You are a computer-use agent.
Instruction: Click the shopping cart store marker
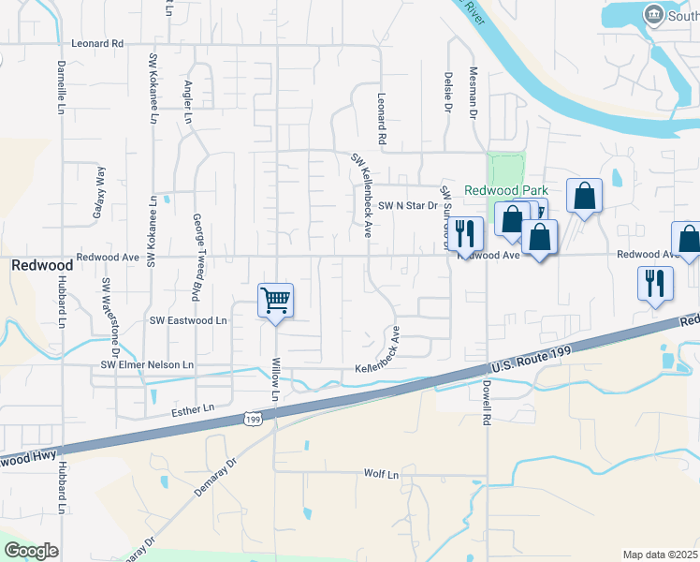coord(276,301)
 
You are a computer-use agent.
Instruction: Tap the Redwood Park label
coord(506,190)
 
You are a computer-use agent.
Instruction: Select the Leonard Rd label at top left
coord(97,44)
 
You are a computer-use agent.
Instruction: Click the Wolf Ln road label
coord(381,475)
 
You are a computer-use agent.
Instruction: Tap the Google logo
coord(31,551)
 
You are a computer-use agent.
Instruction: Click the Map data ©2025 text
coord(660,555)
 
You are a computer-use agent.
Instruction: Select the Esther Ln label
coord(193,409)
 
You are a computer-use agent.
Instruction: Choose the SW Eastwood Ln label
coord(188,320)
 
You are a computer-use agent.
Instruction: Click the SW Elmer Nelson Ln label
coord(148,364)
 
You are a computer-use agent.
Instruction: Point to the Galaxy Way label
coord(96,192)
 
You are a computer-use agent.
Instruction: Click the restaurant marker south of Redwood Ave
coord(655,283)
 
